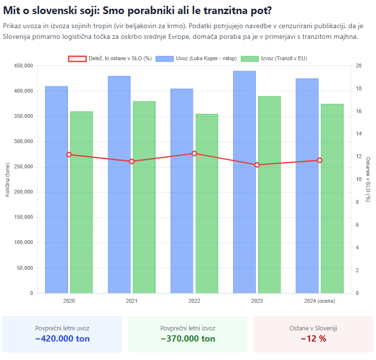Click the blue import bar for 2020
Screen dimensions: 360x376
coord(56,189)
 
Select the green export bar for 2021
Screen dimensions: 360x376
coord(144,197)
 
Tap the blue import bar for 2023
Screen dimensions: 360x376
coord(244,182)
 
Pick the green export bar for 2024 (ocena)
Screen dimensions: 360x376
coord(332,198)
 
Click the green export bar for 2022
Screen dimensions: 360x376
coord(207,203)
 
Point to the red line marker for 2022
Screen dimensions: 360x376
coord(194,153)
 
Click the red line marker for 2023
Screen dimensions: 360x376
coord(257,165)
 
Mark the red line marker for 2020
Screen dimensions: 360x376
coord(69,155)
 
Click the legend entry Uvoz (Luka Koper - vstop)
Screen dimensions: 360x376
coord(196,58)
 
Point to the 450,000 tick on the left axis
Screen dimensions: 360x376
coord(23,66)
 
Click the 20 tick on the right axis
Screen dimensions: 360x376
coord(358,66)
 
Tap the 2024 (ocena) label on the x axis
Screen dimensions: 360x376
coord(319,301)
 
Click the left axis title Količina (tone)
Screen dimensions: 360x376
coord(8,180)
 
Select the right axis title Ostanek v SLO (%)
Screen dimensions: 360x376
coord(368,180)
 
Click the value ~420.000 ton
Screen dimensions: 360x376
coord(63,339)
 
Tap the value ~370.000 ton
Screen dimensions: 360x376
coord(188,339)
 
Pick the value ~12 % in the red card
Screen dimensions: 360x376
coord(313,339)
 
